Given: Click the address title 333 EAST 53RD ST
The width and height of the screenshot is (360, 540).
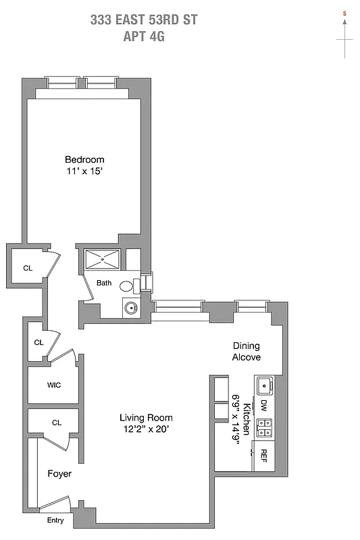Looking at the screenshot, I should pyautogui.click(x=143, y=20).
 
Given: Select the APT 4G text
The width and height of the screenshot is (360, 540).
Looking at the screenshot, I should pyautogui.click(x=143, y=36).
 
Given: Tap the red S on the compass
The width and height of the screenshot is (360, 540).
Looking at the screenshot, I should pyautogui.click(x=344, y=13).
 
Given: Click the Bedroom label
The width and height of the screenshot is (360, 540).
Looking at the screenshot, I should pyautogui.click(x=84, y=159).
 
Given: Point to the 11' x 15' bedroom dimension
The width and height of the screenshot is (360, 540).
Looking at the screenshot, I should pyautogui.click(x=84, y=171).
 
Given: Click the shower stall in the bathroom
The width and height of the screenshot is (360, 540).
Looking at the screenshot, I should pyautogui.click(x=101, y=259).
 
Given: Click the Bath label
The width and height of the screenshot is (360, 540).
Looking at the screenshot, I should pyautogui.click(x=103, y=283).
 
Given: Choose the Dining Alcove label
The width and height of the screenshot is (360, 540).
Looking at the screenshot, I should pyautogui.click(x=247, y=351).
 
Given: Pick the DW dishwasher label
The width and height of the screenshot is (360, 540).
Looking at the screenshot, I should pyautogui.click(x=264, y=406).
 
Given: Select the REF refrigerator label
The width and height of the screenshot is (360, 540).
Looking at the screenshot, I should pyautogui.click(x=264, y=455).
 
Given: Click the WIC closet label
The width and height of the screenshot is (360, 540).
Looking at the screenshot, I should pyautogui.click(x=54, y=385).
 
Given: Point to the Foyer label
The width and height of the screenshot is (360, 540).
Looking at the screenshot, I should pyautogui.click(x=59, y=474).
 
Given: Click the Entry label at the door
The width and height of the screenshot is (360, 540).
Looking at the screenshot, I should pyautogui.click(x=56, y=520).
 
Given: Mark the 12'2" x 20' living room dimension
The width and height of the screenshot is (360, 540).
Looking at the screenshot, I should pyautogui.click(x=145, y=429).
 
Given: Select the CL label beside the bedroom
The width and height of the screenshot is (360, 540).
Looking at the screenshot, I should pyautogui.click(x=28, y=268).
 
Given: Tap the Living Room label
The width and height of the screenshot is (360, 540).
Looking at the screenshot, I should pyautogui.click(x=146, y=417).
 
